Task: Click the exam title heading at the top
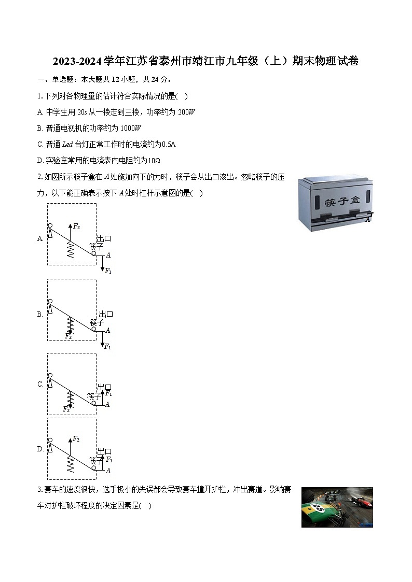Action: point(205,61)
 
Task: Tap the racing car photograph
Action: point(337,507)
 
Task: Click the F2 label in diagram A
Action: point(76,226)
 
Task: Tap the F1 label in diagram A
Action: point(108,271)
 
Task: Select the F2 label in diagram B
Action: point(68,336)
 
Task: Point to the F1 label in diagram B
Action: point(108,347)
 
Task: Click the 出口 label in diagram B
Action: point(106,314)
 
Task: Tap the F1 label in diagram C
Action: point(108,393)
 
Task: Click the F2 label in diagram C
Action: point(66,409)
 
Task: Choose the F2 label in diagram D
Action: point(76,439)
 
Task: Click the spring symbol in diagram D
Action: point(70,464)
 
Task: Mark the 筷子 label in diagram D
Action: point(95,460)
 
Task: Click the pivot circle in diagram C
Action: point(50,375)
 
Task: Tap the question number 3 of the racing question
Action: point(39,490)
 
